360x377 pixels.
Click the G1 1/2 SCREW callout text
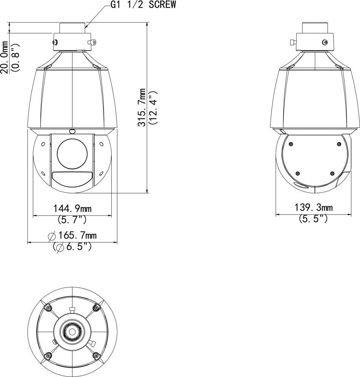143,5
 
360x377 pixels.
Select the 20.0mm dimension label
4,57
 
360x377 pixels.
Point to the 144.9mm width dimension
72,208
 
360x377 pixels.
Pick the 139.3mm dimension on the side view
314,207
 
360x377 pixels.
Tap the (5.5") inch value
313,219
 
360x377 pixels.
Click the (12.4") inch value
153,107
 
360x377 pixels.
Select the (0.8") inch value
16,57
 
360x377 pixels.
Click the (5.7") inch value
72,219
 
